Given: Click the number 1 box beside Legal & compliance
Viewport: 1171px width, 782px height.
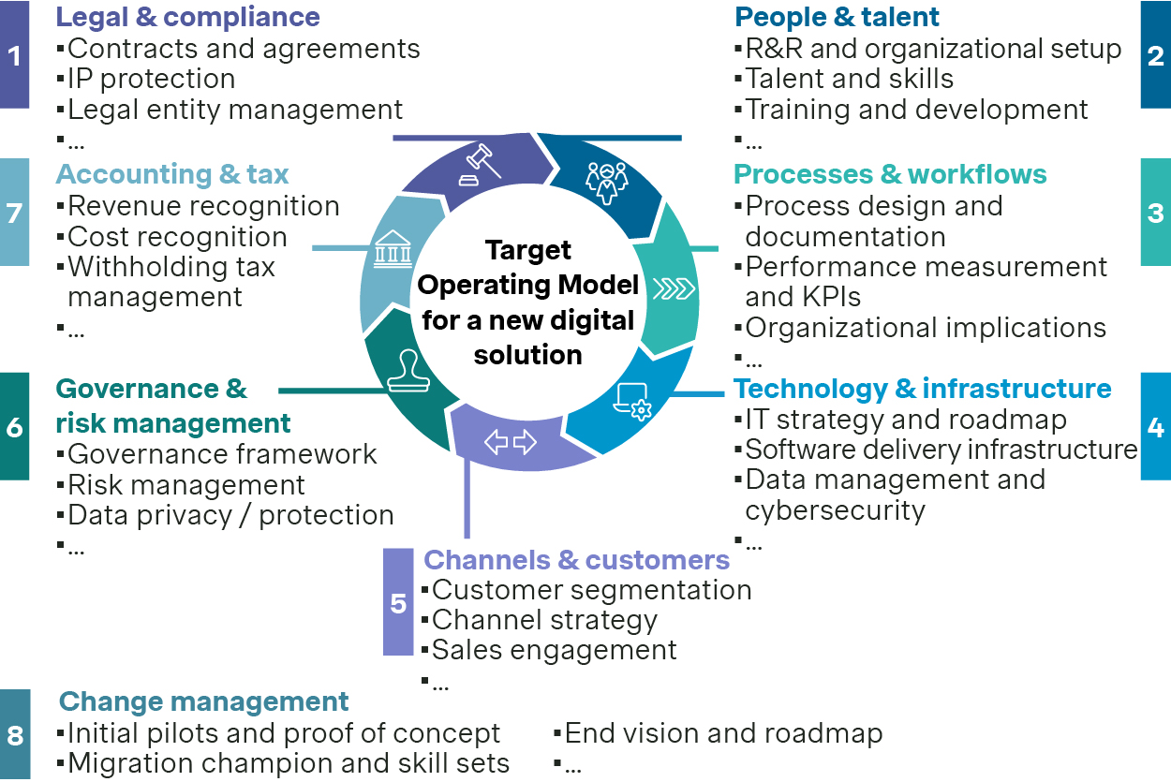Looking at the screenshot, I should coord(14,55).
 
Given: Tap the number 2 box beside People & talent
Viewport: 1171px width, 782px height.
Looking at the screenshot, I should coord(1155,55).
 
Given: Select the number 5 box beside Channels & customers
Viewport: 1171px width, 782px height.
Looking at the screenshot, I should coord(398,602).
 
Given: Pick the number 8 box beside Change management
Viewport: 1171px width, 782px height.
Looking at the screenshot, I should coord(15,735).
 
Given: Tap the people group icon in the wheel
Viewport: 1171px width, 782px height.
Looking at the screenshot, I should coord(605,182).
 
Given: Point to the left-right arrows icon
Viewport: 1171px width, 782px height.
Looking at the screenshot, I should coord(510,441).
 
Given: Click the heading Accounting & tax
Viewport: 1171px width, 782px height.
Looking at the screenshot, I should coord(172,174).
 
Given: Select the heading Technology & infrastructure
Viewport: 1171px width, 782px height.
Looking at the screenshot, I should coord(922,389).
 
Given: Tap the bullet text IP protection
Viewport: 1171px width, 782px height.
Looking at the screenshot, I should coord(151,79).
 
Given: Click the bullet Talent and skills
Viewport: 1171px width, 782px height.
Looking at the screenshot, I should coord(849,79).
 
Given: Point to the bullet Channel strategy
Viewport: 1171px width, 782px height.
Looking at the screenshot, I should coord(544,620).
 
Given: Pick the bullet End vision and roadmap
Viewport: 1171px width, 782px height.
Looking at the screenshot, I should coord(723,733).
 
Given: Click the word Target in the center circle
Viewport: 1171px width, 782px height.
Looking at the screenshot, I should coord(528,251).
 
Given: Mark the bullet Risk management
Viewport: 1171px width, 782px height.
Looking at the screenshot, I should coord(186,485).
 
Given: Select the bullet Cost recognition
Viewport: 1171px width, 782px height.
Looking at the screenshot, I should coord(177,237).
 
